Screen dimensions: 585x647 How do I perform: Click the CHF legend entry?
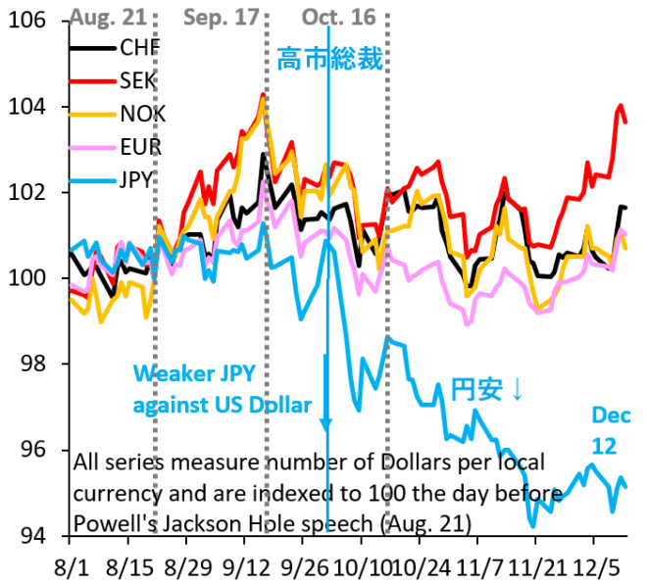pos(137,47)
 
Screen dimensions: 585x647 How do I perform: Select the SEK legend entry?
pos(137,79)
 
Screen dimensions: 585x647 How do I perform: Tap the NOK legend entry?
pos(141,114)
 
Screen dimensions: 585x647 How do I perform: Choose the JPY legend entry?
pos(138,180)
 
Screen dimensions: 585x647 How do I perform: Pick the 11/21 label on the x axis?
pos(536,567)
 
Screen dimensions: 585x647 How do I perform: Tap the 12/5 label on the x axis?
pos(594,567)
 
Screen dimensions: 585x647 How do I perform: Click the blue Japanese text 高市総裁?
pos(328,60)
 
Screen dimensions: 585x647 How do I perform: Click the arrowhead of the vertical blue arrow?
pos(326,423)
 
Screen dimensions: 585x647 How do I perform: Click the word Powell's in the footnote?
pos(116,516)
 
